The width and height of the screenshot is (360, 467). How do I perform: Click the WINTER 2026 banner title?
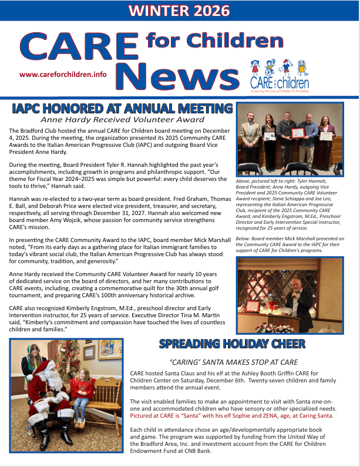pyautogui.click(x=179, y=11)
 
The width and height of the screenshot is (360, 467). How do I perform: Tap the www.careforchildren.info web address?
pyautogui.click(x=63, y=75)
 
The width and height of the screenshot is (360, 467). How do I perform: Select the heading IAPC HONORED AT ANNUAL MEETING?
pyautogui.click(x=122, y=109)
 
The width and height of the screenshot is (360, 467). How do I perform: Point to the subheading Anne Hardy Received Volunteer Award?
pyautogui.click(x=122, y=120)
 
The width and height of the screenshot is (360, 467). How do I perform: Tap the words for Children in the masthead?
pyautogui.click(x=214, y=41)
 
